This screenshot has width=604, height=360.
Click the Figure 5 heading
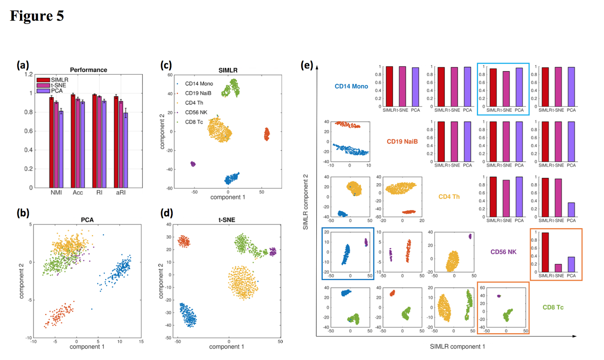point(37,16)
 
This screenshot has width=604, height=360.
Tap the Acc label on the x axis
point(78,193)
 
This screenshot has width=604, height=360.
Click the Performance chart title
point(88,70)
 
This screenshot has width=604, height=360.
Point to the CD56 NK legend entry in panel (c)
point(196,112)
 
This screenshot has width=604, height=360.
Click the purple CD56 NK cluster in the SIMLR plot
point(193,164)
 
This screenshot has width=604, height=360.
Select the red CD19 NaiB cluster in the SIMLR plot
point(267,134)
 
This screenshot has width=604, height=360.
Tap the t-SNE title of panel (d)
point(226,220)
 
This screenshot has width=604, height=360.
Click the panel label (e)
point(307,65)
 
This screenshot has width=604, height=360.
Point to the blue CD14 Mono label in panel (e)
point(351,86)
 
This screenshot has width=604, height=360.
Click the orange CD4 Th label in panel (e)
point(449,197)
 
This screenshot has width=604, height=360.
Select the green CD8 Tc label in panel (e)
point(553,307)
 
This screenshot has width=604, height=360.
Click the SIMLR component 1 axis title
point(457,346)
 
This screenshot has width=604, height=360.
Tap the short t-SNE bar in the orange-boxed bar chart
point(558,268)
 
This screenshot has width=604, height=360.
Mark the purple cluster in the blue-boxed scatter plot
point(366,242)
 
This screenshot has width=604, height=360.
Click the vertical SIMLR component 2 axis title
point(305,202)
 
